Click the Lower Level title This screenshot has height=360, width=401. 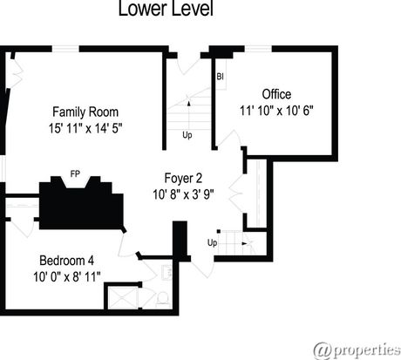(x=166, y=9)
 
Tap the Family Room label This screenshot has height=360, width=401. (x=85, y=112)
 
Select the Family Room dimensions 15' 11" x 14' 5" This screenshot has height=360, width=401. (x=85, y=128)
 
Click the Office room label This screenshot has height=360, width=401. (x=276, y=94)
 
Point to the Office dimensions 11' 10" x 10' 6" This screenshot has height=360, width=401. (x=276, y=111)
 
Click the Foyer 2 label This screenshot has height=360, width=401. (x=183, y=178)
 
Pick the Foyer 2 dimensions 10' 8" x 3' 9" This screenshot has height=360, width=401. (x=183, y=194)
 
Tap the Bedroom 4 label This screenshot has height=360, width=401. (x=66, y=261)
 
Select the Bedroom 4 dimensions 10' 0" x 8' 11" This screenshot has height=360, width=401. (x=67, y=276)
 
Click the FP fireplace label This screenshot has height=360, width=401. (x=75, y=173)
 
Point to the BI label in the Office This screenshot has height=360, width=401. (x=220, y=77)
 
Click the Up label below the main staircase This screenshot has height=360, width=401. (x=187, y=135)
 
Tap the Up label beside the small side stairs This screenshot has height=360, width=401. (x=212, y=242)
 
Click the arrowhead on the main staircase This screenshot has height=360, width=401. (x=189, y=103)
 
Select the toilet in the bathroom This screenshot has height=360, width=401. (x=163, y=299)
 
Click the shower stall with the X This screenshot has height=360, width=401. (x=122, y=298)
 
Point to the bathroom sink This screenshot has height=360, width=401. (x=167, y=273)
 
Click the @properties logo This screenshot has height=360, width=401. (x=357, y=350)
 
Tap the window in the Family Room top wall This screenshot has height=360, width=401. (x=65, y=49)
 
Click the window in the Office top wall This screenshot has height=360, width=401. (x=258, y=49)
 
